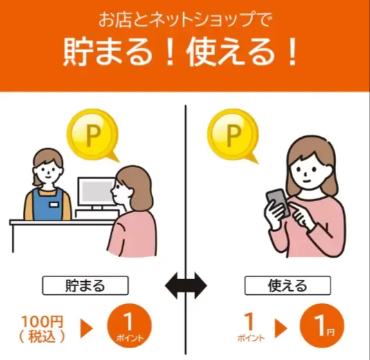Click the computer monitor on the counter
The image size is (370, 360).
point(95,194)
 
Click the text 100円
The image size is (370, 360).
point(41,321)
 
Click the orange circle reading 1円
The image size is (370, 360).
point(322,326)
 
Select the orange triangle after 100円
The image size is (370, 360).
point(87,328)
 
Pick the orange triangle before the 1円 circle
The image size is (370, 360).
point(283,328)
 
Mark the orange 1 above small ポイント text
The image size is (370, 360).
point(248,321)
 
